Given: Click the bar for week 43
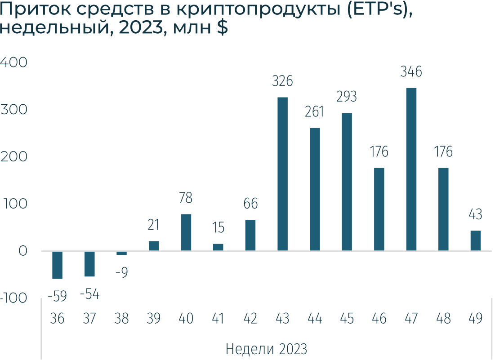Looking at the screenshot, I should coord(282,174).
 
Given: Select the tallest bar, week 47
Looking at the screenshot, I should coord(411,169).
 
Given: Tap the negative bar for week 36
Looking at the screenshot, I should coord(57,265).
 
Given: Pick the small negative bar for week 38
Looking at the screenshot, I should coord(122,253).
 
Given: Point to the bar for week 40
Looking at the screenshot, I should coord(186,232).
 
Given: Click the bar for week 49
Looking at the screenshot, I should coord(475,240).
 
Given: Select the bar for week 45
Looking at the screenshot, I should coord(347,182).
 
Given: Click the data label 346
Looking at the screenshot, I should coord(411,72).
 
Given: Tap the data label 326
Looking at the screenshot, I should coord(282,81).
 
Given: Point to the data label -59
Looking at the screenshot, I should coord(57,296).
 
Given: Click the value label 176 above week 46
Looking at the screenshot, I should coord(379,152).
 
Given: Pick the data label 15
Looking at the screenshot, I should coord(218,228).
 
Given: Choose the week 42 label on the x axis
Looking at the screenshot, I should coord(250,319).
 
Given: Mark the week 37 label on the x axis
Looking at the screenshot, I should coord(89,319).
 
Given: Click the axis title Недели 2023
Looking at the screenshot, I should coord(266,349).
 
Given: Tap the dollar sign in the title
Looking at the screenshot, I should coord(223,28).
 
